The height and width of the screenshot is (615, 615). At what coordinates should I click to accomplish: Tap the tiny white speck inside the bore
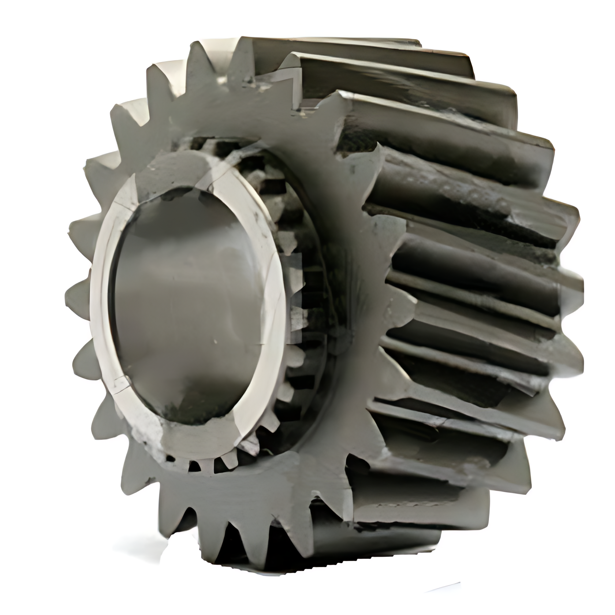tap(215, 342)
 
